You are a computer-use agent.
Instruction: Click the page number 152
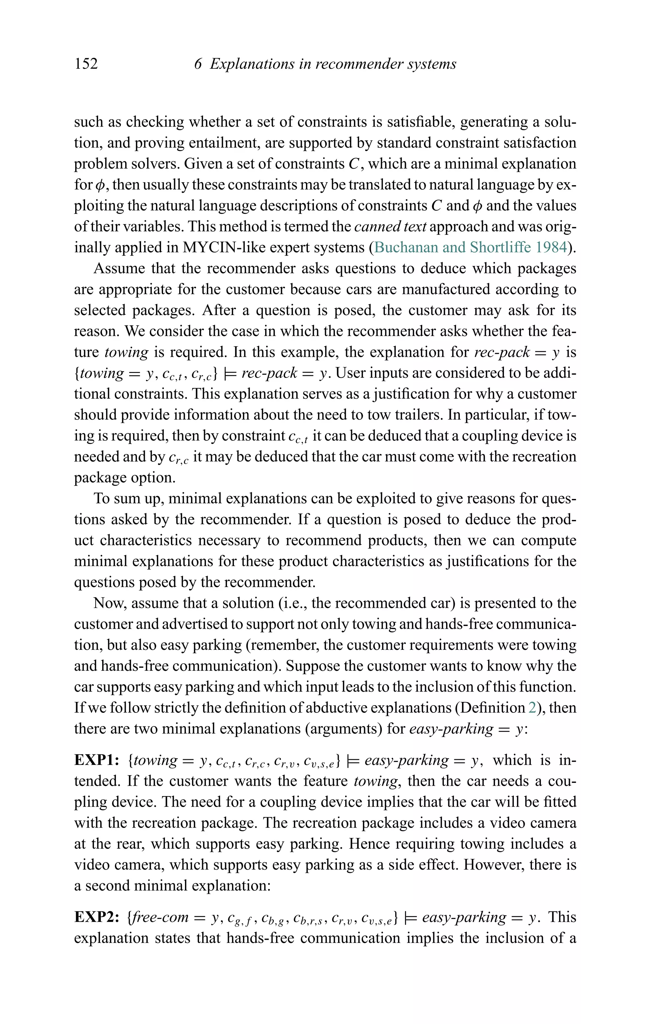(86, 64)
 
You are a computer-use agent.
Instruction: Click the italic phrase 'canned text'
(390, 227)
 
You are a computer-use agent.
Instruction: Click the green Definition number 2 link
(532, 708)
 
